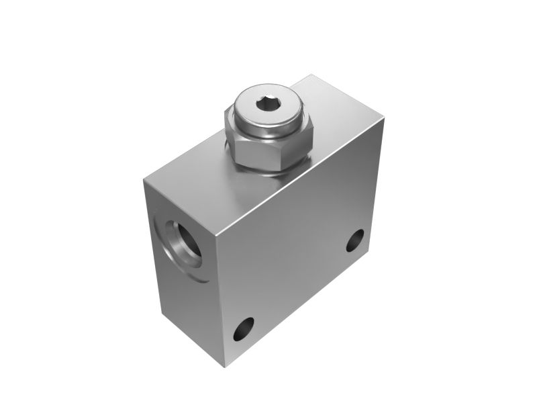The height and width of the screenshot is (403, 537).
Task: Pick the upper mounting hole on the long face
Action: coord(355,240)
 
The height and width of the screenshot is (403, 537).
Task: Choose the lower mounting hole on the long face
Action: coord(244,329)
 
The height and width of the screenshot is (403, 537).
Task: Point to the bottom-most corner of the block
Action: coord(224,367)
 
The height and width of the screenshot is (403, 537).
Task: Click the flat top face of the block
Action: coord(201,188)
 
